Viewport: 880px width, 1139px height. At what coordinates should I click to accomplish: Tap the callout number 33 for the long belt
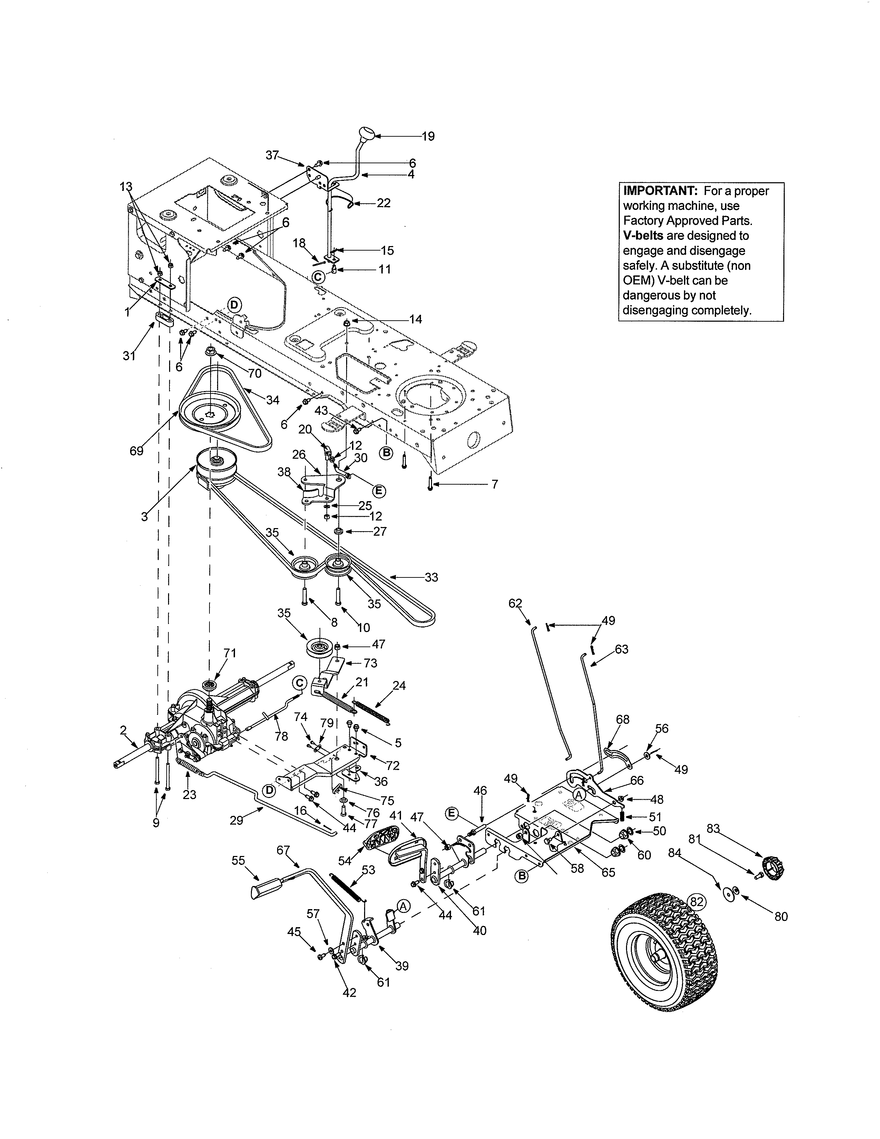(431, 577)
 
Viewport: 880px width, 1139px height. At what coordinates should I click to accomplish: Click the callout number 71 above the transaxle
(230, 653)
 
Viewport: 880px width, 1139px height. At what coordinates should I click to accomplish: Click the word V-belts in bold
(643, 236)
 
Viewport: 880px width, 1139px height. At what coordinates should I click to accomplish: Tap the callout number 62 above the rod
(515, 603)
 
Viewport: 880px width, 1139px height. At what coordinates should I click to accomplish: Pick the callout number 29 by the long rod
(237, 820)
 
